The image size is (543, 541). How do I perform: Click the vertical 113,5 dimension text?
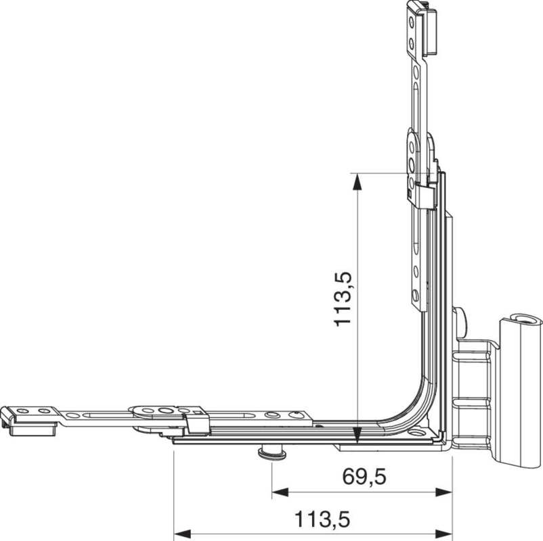[x=343, y=299]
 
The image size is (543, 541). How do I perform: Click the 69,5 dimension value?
[x=364, y=477]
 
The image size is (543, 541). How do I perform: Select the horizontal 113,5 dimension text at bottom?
[x=322, y=519]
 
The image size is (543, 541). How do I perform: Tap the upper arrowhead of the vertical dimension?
[x=356, y=182]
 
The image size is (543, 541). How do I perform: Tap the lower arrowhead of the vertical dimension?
[x=356, y=434]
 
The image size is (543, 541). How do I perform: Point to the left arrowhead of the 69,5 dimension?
[x=280, y=492]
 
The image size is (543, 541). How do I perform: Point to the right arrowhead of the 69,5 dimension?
[x=444, y=492]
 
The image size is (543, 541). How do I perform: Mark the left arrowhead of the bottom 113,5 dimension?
[x=182, y=534]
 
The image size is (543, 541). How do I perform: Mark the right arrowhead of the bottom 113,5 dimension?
[x=444, y=534]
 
